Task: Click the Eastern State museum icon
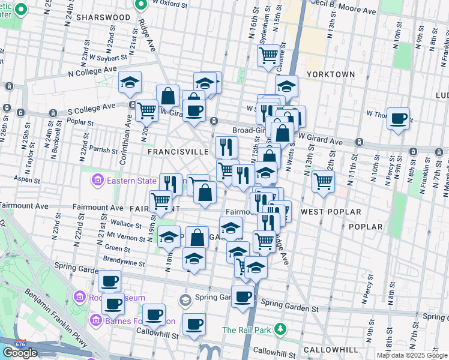[96, 179]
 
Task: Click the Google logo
[20, 353]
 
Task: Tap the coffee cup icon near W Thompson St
[398, 118]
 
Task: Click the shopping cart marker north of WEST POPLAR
[323, 180]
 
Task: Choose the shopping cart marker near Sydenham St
[268, 55]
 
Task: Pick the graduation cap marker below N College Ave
[129, 83]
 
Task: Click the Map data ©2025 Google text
[412, 355]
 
